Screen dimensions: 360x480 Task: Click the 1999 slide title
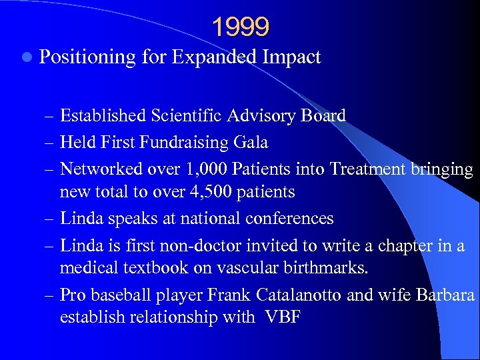241,27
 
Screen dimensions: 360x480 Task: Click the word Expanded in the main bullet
215,57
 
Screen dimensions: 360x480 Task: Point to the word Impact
293,58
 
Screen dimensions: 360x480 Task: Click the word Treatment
365,169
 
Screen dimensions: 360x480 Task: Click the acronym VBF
282,317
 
